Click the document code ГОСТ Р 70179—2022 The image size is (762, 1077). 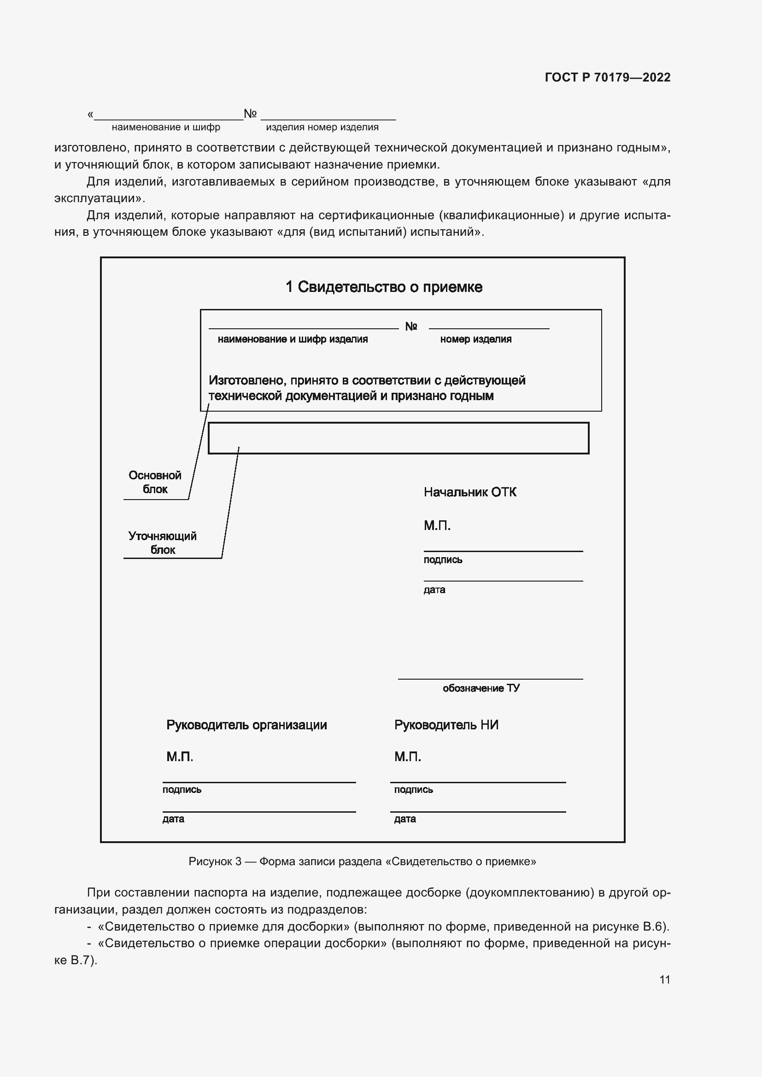607,77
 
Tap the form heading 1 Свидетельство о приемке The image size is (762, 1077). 383,286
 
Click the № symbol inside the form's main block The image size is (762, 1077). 410,326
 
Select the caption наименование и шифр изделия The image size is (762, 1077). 293,339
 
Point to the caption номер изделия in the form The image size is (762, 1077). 475,339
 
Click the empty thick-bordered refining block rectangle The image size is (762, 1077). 398,438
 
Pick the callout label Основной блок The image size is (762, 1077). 155,482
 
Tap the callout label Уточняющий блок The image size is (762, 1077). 162,543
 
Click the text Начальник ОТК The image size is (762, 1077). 469,492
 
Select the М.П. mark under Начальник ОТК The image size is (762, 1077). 437,526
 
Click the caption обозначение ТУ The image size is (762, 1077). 481,688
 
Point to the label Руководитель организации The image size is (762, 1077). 246,725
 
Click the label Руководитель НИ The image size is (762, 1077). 446,725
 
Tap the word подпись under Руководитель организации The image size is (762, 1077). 182,790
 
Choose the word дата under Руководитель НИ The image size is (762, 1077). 404,819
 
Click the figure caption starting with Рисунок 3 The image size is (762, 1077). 362,861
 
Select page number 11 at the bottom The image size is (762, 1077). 664,979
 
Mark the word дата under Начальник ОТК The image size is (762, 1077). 434,590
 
